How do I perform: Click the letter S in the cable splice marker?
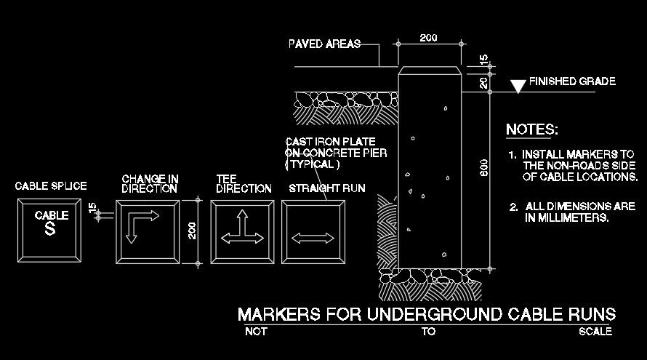50,230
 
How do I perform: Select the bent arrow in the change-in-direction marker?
142,225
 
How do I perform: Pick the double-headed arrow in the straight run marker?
313,237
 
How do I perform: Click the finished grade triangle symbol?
518,87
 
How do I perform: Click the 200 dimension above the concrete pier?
428,38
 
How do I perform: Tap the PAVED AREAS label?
324,44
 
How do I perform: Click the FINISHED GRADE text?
572,81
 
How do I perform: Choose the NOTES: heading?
532,130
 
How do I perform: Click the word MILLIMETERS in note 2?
566,217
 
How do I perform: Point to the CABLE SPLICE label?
51,187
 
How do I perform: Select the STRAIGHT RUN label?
327,188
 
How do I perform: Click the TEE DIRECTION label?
244,183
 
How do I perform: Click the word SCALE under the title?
595,332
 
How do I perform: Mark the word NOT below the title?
256,332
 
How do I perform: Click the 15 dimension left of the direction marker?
92,209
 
